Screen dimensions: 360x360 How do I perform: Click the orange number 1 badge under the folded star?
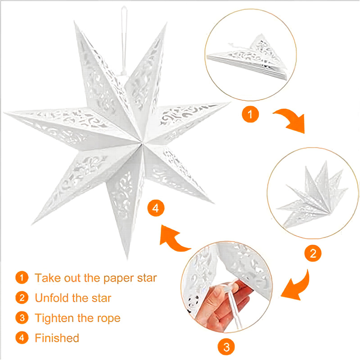(250, 114)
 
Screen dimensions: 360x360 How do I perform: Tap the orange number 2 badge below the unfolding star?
(313, 253)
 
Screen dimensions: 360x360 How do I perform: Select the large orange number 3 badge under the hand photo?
(226, 346)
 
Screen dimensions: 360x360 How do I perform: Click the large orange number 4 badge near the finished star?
(156, 208)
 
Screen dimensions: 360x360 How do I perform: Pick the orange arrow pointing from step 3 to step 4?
(173, 240)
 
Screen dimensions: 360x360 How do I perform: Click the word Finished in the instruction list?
(57, 338)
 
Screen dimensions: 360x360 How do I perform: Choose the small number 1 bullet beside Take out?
(22, 278)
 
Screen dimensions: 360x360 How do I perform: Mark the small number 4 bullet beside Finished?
(22, 338)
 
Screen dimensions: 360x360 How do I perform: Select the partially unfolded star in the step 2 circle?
(312, 195)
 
